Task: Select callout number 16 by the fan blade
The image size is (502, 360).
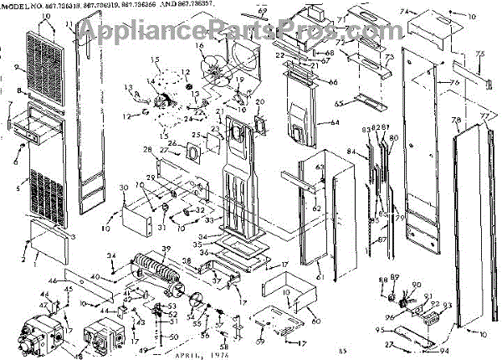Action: pyautogui.click(x=200, y=48)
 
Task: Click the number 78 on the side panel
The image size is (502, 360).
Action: pyautogui.click(x=456, y=121)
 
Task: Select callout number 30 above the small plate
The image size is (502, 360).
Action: pyautogui.click(x=123, y=187)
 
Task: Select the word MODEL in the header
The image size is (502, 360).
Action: pyautogui.click(x=15, y=6)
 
